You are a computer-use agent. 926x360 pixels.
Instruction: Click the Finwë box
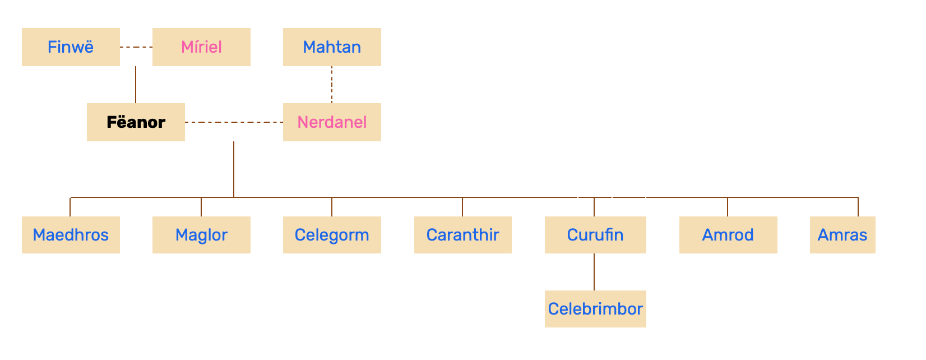(71, 47)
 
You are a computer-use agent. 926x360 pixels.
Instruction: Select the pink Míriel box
(201, 47)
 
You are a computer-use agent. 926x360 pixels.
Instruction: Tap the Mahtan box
(332, 47)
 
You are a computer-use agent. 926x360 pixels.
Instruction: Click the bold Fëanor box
(136, 122)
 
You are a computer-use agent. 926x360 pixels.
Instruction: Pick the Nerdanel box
(332, 122)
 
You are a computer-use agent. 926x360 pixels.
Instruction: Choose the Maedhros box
(71, 235)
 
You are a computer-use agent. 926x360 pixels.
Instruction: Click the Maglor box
(201, 235)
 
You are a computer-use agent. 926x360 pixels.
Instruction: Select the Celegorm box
(332, 235)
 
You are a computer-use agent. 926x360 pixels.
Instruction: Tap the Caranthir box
(462, 235)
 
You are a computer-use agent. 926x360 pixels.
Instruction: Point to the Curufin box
(595, 235)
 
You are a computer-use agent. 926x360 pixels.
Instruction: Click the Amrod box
(728, 235)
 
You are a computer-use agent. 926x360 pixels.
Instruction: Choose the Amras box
(842, 235)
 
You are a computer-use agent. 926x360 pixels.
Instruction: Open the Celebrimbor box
(595, 309)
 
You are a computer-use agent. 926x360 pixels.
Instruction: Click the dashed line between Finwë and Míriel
(136, 47)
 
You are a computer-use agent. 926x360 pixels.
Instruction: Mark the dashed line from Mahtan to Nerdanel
(332, 85)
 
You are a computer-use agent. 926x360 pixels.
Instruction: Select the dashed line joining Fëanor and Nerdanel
(234, 122)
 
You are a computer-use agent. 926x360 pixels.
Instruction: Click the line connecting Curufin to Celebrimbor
(594, 272)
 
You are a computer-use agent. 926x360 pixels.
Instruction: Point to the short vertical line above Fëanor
(136, 85)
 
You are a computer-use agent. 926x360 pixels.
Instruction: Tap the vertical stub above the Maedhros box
(70, 207)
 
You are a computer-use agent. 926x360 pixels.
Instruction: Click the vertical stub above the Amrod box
(728, 207)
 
